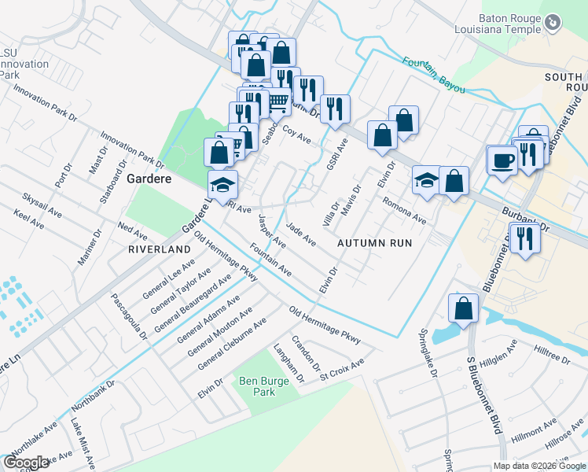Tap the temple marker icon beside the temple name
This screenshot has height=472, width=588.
(553, 24)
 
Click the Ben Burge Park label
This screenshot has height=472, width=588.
(258, 385)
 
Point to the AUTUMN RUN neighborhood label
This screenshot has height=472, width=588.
(375, 243)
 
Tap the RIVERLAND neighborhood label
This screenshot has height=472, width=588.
(160, 249)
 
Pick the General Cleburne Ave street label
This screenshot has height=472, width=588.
(232, 344)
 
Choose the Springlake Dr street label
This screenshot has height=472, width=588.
(428, 353)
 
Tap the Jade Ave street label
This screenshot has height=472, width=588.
(301, 233)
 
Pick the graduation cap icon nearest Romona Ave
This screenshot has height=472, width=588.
(426, 180)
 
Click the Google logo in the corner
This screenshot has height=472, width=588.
(26, 463)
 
